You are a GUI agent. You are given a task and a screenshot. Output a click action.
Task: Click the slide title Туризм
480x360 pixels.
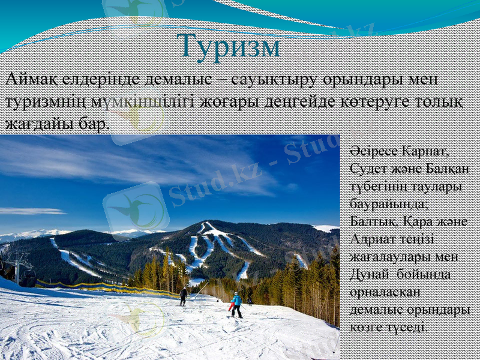[229, 47]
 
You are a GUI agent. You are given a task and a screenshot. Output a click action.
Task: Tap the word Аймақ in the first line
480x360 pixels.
[31, 79]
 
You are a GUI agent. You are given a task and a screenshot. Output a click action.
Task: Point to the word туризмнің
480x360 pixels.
[47, 101]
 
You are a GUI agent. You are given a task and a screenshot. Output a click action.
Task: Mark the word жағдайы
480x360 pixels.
[36, 124]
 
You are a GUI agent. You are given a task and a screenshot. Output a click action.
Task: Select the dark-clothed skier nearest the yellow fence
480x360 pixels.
[183, 296]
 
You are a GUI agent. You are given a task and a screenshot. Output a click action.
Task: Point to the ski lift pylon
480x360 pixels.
[18, 268]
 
